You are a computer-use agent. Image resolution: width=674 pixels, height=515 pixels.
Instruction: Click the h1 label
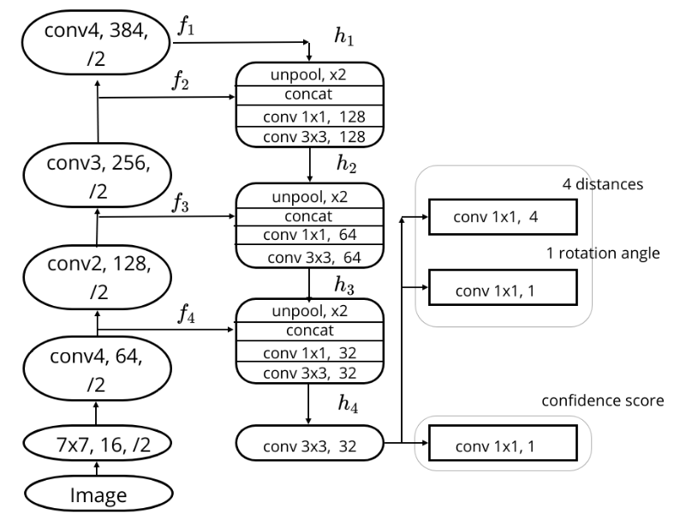pyautogui.click(x=343, y=37)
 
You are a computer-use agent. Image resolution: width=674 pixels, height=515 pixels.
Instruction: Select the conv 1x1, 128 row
pyautogui.click(x=309, y=117)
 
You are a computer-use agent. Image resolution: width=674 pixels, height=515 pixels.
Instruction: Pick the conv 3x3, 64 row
pyautogui.click(x=309, y=257)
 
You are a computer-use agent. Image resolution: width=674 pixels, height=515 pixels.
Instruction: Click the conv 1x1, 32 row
pyautogui.click(x=309, y=352)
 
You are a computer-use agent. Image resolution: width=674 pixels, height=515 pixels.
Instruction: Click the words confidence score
pyautogui.click(x=590, y=401)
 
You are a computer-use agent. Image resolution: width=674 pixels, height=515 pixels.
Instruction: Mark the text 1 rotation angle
pyautogui.click(x=592, y=254)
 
